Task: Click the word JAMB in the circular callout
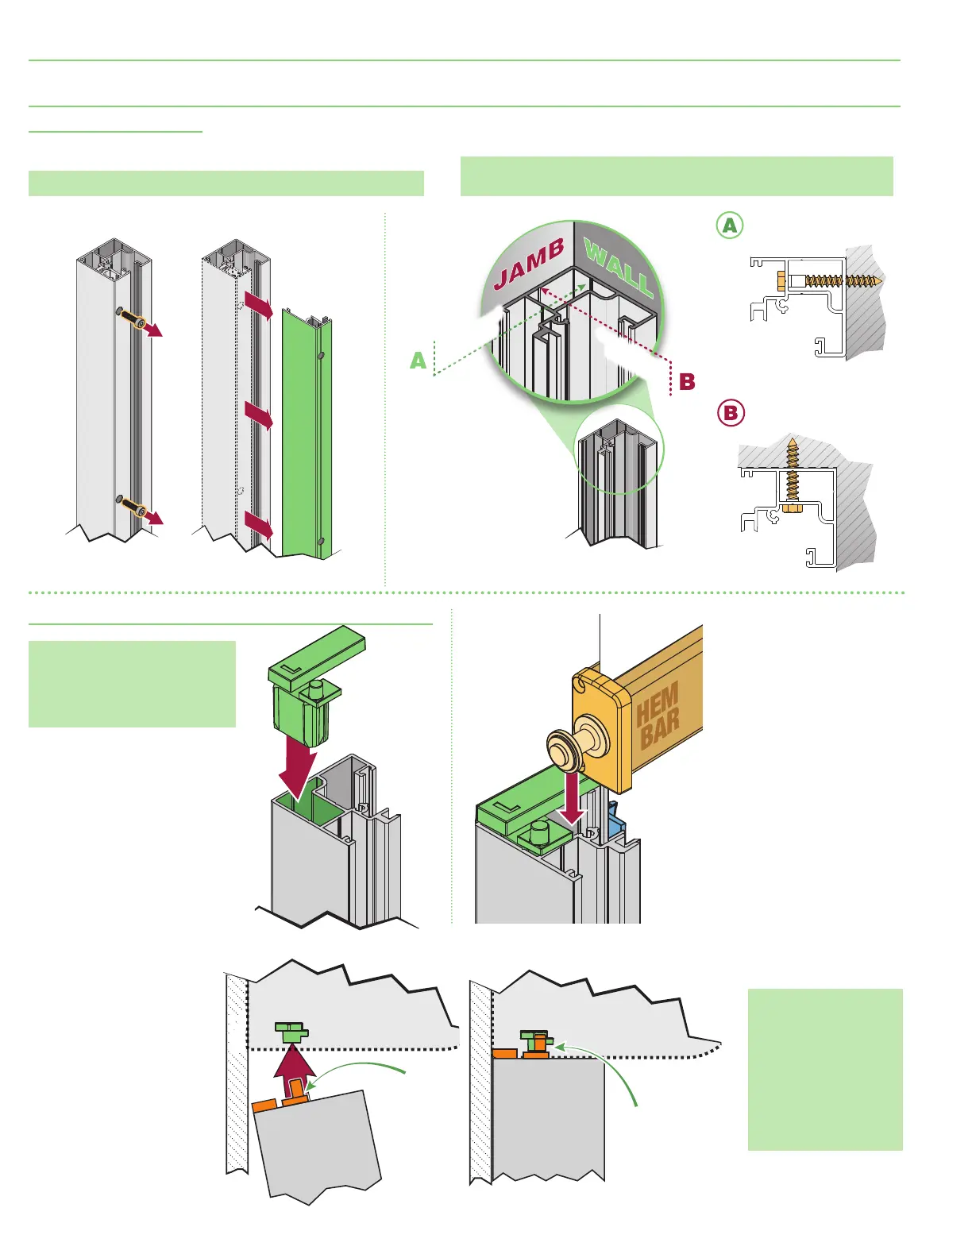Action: tap(529, 264)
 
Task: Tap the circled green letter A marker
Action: tap(729, 226)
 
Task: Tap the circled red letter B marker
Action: tap(731, 413)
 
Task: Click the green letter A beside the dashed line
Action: tap(418, 361)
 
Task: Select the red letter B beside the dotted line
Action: tap(687, 382)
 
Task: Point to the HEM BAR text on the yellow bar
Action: tap(658, 716)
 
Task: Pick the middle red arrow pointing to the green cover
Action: tap(259, 415)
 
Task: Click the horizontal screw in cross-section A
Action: tap(830, 280)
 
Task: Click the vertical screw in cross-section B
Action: tap(792, 473)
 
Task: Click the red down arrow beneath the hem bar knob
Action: tap(571, 807)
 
